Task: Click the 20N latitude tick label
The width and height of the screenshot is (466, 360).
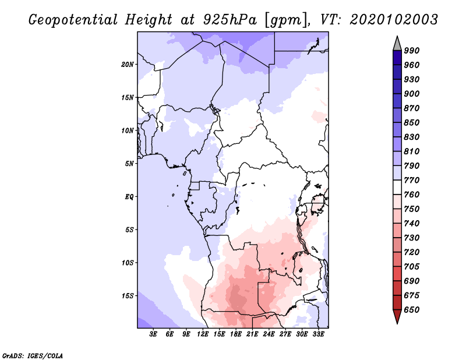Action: pos(128,65)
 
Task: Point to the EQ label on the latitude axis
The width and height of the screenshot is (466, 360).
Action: pos(129,197)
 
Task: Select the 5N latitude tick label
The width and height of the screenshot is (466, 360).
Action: pos(129,164)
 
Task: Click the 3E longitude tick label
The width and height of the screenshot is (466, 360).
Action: pos(153,334)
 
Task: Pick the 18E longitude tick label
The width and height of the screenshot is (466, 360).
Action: pos(235,334)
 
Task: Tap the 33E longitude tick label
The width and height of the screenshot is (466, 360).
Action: pos(318,334)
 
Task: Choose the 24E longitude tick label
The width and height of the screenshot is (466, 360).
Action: pos(269,334)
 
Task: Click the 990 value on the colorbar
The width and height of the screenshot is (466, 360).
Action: pos(412,51)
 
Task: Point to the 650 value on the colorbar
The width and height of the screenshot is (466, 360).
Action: pos(412,310)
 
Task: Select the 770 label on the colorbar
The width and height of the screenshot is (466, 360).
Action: pos(412,180)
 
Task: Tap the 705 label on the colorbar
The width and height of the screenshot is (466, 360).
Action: pos(412,267)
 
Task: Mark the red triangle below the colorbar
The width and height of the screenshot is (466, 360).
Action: pos(397,315)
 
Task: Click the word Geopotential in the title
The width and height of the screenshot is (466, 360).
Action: pos(73,20)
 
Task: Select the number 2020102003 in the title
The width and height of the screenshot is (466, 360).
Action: pos(394,20)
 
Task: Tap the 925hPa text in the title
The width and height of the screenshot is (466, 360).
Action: pos(230,20)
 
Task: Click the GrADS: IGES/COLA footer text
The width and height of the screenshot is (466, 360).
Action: pos(33,356)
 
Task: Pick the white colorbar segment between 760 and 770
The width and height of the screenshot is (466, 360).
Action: pos(397,188)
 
